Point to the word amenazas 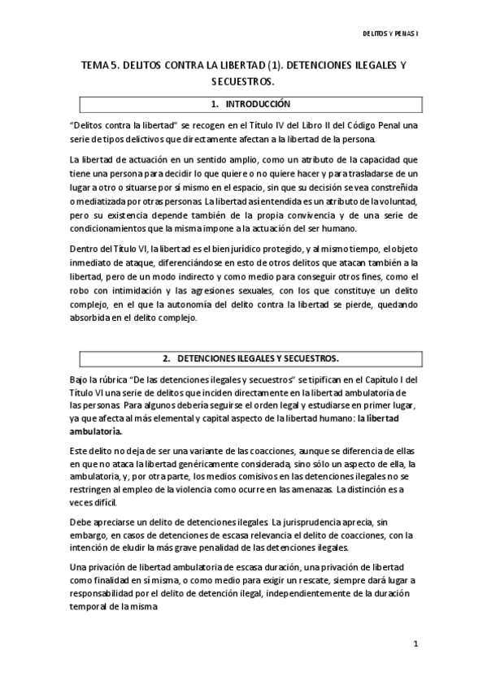(307, 490)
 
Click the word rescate (331, 578)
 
